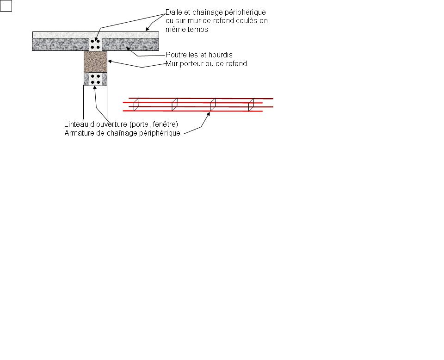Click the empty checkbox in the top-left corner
(x=6, y=6)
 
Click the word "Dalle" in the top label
(x=174, y=12)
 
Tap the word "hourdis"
(x=221, y=55)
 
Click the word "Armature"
(x=80, y=133)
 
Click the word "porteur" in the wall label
(x=193, y=63)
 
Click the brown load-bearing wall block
(x=95, y=62)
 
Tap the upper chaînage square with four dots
(x=95, y=44)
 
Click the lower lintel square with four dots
(x=96, y=79)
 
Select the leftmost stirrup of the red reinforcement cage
(x=136, y=105)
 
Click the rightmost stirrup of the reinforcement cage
(x=251, y=105)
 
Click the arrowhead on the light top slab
(x=148, y=30)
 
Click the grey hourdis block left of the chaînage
(x=60, y=44)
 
